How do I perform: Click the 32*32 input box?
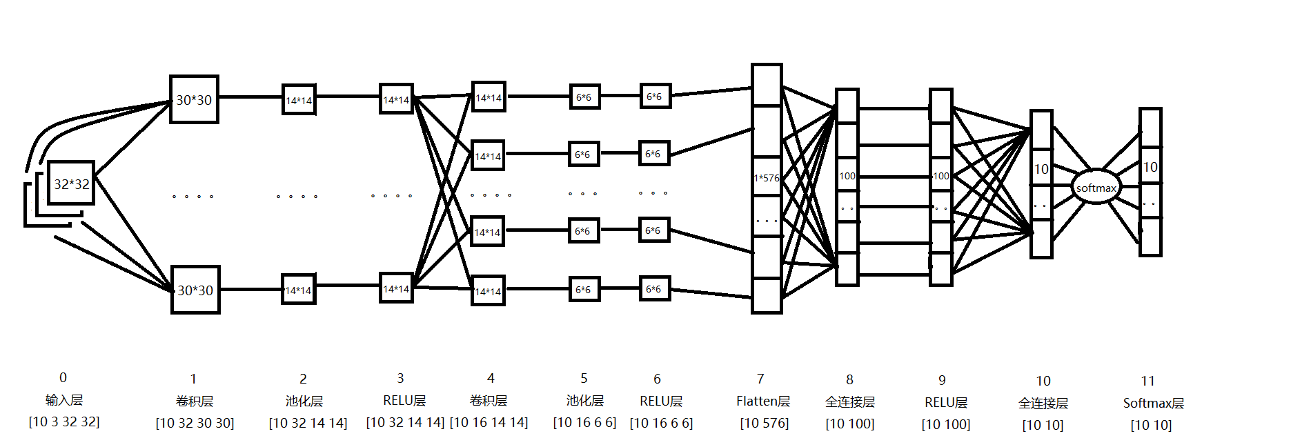(71, 183)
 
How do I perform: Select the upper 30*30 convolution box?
(194, 100)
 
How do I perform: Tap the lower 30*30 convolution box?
(195, 290)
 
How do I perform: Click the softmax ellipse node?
(1096, 188)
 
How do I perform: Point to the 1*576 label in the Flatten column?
(766, 178)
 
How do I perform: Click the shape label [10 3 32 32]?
(64, 421)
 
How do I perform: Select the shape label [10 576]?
(765, 423)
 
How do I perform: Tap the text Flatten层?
(762, 401)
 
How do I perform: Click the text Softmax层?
(1153, 403)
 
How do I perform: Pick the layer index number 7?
(760, 379)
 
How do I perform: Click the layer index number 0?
(63, 377)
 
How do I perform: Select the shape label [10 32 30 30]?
(195, 423)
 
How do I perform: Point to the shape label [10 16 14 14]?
(489, 422)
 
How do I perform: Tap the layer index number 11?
(1147, 381)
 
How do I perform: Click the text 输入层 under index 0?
(64, 400)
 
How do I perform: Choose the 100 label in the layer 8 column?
(847, 176)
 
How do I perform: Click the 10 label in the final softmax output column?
(1150, 167)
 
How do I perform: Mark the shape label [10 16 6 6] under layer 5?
(584, 423)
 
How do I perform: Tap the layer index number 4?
(491, 378)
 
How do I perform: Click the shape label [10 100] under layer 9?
(946, 424)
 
